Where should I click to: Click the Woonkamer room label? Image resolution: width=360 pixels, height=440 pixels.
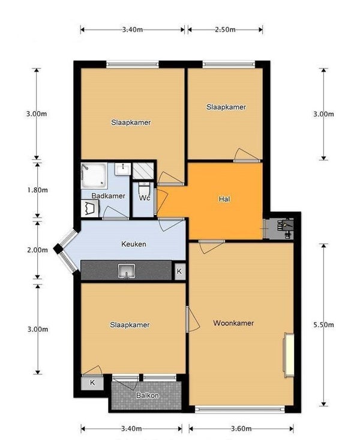point(233,323)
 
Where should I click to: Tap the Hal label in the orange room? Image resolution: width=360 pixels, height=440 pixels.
point(224,199)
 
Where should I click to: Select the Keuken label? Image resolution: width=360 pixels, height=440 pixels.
point(134,244)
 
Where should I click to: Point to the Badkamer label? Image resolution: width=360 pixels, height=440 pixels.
point(109,196)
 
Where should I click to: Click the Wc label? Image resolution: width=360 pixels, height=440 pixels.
point(145,198)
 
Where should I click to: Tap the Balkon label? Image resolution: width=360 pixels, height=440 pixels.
point(148,396)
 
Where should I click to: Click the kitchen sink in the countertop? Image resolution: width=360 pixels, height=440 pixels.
point(126,271)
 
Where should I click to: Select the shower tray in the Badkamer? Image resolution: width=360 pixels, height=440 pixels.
point(94,176)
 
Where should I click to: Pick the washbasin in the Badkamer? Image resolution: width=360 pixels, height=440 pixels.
point(122,169)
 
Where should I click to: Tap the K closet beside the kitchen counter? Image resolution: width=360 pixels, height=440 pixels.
point(179,271)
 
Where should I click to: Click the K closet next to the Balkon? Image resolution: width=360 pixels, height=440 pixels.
point(92,383)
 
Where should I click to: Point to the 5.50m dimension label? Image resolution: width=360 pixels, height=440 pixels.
point(323,325)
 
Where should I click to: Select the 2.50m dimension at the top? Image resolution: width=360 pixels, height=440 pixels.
point(226,29)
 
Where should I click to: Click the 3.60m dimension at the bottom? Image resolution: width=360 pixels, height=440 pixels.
point(241,429)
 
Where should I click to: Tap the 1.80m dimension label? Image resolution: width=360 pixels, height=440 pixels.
point(37,190)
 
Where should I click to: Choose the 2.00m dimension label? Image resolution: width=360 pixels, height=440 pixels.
point(37,250)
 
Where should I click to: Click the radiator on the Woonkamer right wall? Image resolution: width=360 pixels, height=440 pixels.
point(289,355)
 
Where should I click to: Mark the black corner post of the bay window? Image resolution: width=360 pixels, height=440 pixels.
point(58,249)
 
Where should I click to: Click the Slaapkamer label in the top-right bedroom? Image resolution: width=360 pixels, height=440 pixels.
point(226,107)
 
